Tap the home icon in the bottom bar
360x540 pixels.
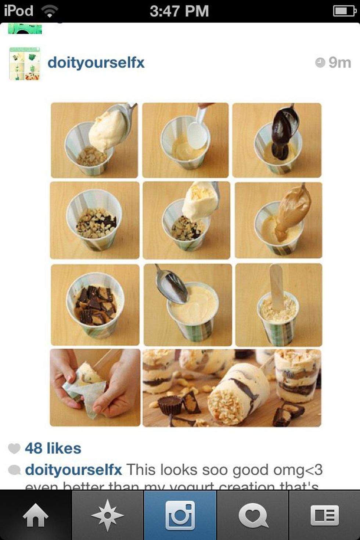click(35, 516)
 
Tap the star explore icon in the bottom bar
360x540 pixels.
click(107, 516)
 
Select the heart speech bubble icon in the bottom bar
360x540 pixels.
click(253, 516)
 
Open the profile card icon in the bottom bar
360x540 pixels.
click(325, 516)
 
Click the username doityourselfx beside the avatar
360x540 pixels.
click(96, 62)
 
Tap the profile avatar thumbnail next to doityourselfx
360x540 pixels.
click(24, 64)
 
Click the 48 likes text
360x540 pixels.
click(53, 449)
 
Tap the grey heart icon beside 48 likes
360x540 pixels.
click(14, 449)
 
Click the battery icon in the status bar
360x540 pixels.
click(344, 11)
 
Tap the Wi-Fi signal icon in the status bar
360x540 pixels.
click(49, 11)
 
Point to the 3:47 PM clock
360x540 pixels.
click(179, 11)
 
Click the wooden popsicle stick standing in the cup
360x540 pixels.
click(277, 285)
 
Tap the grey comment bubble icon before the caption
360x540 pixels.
click(14, 470)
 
